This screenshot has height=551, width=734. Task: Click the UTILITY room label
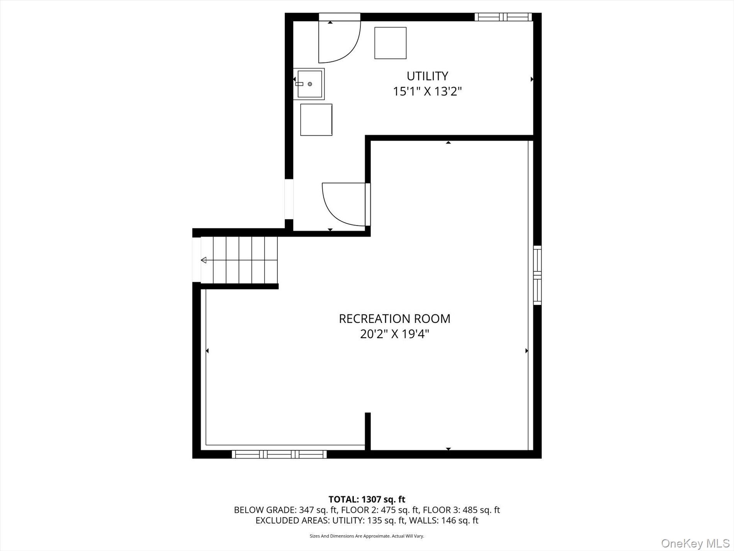coord(427,75)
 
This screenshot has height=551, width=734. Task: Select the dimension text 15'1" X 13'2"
coord(427,92)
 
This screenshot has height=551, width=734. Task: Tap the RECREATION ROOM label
coord(394,319)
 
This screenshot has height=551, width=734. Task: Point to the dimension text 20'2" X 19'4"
coord(394,334)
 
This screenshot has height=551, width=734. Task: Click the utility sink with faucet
coord(309,84)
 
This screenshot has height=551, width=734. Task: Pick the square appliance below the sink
coord(316,119)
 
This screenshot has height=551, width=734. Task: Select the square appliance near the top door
coord(390,43)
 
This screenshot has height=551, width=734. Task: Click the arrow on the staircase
coord(204,260)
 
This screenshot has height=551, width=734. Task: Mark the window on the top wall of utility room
coord(503,17)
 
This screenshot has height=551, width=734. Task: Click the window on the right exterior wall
coord(537,275)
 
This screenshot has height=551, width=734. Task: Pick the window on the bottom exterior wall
coord(279,454)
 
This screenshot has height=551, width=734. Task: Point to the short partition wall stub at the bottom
coord(368,431)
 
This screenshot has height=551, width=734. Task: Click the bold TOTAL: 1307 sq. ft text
coord(367,499)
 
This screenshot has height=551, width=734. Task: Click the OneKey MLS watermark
coord(695,544)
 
